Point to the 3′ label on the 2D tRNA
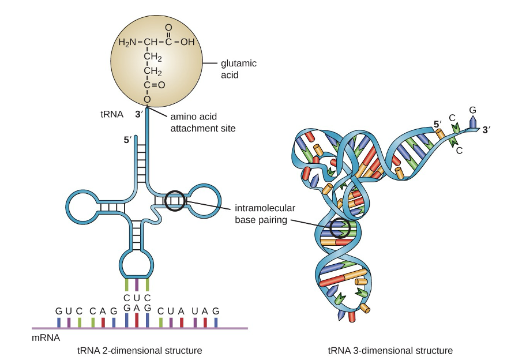[138, 114]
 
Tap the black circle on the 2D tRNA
[175, 201]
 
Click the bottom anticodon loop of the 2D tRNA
[137, 262]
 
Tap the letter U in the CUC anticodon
[136, 298]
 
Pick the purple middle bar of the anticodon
[136, 285]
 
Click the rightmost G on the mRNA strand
[216, 311]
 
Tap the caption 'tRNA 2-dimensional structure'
[139, 350]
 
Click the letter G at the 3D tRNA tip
[473, 109]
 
